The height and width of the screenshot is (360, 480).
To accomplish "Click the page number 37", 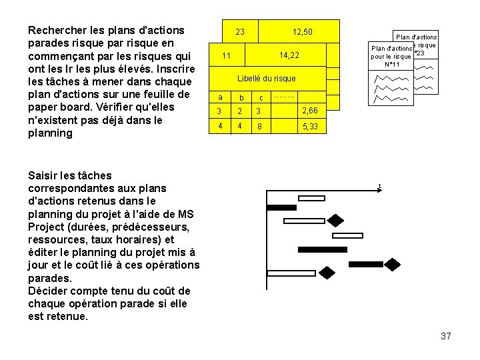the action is pyautogui.click(x=446, y=336).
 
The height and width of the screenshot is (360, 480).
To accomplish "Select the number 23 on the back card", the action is pyautogui.click(x=240, y=32).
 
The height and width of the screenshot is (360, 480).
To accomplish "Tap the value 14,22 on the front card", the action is pyautogui.click(x=289, y=55).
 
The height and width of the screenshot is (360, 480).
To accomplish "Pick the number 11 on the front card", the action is pyautogui.click(x=226, y=55).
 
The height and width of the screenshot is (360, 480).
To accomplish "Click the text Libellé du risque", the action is pyautogui.click(x=266, y=79).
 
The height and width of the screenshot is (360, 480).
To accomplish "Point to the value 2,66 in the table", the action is pyautogui.click(x=310, y=110).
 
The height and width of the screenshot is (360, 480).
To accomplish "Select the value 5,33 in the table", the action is pyautogui.click(x=310, y=126).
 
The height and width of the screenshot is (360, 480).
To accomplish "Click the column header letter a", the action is pyautogui.click(x=220, y=97).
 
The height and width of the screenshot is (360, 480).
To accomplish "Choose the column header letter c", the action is pyautogui.click(x=261, y=99).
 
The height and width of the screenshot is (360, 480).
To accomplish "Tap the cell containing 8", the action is pyautogui.click(x=260, y=126).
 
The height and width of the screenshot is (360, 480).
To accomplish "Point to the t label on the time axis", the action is pyautogui.click(x=379, y=186).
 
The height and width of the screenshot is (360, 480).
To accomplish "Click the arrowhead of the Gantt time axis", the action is pyautogui.click(x=379, y=191).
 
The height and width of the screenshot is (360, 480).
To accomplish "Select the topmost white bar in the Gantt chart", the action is pyautogui.click(x=312, y=198).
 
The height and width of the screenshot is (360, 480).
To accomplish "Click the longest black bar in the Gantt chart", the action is pyautogui.click(x=322, y=249).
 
